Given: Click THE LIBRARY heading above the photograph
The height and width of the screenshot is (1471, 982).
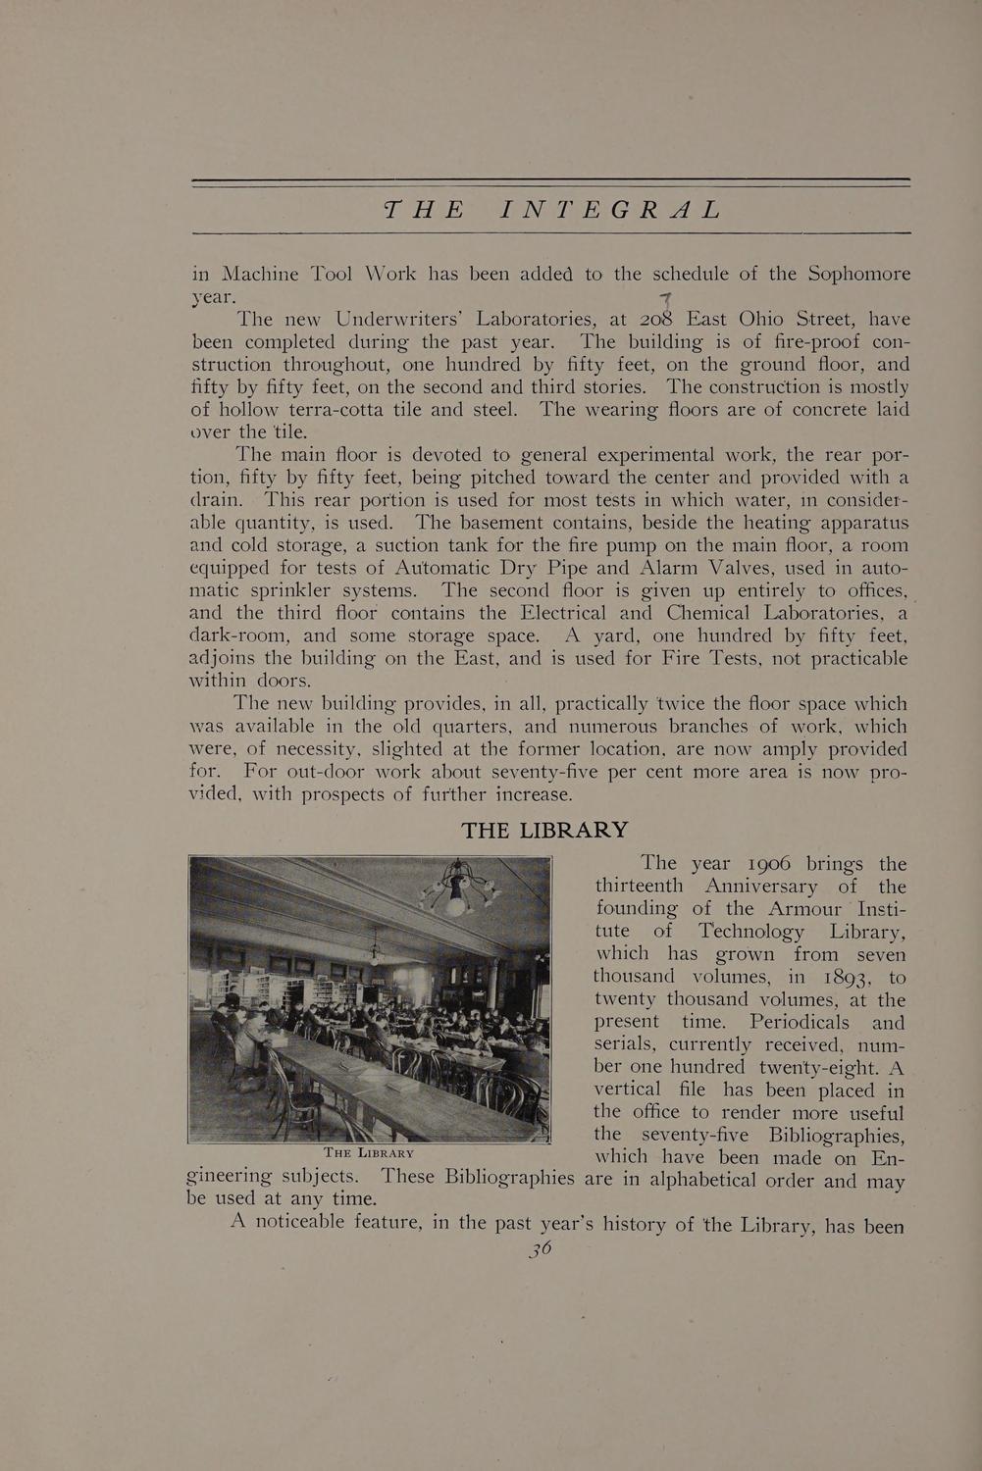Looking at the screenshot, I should click(544, 830).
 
